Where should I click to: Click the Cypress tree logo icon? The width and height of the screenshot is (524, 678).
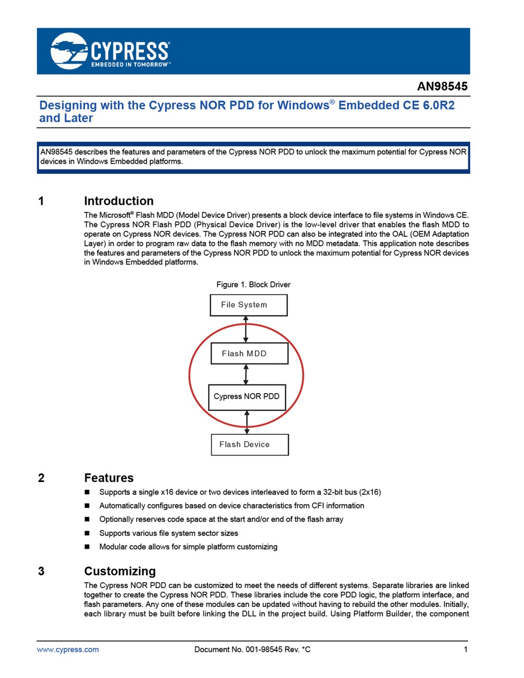[69, 50]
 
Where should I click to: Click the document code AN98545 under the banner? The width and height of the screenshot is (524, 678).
[442, 86]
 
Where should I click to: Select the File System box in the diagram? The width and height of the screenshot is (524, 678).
[248, 305]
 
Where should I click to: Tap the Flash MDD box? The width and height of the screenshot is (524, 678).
[249, 353]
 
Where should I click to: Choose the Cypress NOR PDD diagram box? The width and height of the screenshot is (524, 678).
[247, 397]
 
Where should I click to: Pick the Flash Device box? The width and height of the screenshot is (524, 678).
[250, 444]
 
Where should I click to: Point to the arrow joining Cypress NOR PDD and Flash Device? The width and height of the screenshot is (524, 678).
[247, 423]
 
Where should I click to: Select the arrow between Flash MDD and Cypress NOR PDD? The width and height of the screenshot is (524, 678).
[246, 374]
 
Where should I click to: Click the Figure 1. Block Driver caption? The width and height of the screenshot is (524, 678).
[254, 284]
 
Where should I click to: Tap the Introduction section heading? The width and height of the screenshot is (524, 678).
[119, 201]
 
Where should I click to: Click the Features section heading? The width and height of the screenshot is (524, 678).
[109, 478]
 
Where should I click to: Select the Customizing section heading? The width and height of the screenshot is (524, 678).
[120, 571]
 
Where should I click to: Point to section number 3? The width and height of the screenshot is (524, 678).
[41, 571]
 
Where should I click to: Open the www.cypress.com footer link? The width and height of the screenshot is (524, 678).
[68, 649]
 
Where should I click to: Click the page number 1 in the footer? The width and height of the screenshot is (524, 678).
[465, 649]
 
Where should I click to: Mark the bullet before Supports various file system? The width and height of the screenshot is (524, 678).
[87, 533]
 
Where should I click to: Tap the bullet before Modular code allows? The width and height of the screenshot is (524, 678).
[87, 547]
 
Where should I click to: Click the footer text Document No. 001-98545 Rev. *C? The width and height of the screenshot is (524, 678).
[252, 649]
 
